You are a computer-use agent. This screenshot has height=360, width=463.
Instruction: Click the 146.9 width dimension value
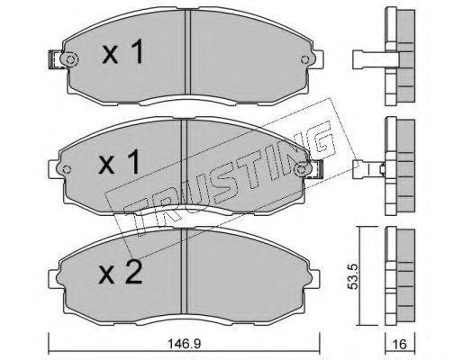(x=184, y=344)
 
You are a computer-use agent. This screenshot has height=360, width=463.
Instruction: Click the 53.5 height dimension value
(x=354, y=276)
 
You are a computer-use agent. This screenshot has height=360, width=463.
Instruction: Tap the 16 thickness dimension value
(x=400, y=344)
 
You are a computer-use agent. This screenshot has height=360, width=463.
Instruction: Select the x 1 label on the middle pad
(x=119, y=162)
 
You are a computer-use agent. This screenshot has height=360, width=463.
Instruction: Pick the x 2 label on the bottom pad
(x=121, y=272)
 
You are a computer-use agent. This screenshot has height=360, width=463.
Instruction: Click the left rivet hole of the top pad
(x=70, y=59)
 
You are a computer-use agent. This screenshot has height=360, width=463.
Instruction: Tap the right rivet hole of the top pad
(x=305, y=59)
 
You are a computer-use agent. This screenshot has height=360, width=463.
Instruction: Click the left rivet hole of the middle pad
(x=68, y=169)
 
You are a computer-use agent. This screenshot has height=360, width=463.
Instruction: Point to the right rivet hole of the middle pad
(x=301, y=169)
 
